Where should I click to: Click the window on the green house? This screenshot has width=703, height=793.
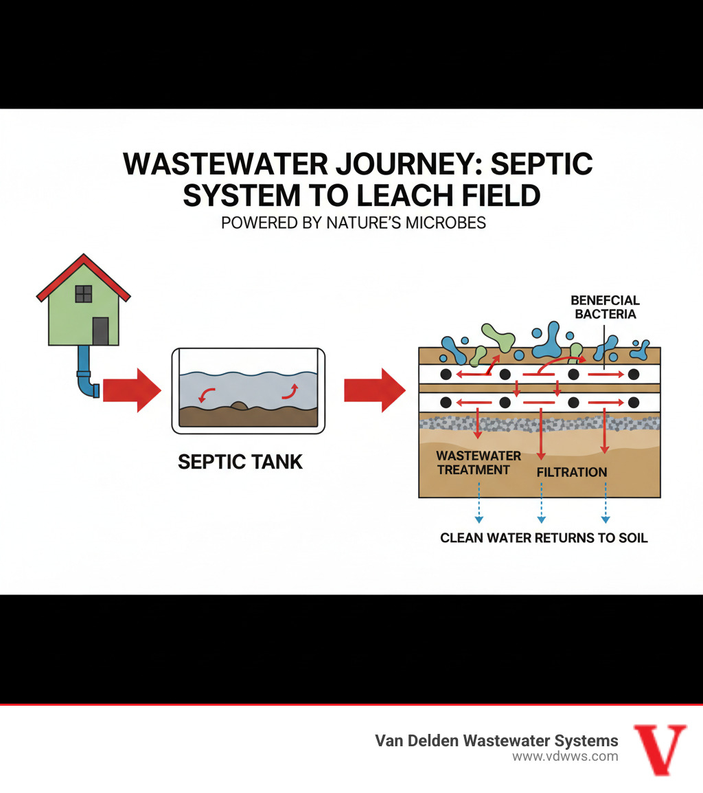83,293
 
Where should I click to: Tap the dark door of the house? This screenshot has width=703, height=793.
100,331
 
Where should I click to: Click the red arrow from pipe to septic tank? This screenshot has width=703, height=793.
131,390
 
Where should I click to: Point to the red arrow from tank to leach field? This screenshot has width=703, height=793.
373,390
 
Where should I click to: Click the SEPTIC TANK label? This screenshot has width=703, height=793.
240,461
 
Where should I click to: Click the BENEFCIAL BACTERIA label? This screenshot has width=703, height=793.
605,307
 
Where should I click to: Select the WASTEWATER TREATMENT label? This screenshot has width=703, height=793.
479,462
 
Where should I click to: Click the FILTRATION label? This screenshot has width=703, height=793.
571,472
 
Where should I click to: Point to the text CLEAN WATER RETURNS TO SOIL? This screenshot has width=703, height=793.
544,537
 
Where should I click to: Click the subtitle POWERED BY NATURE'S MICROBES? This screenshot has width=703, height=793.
354,223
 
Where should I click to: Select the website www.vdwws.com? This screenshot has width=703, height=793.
565,757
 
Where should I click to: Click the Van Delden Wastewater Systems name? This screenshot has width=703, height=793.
496,741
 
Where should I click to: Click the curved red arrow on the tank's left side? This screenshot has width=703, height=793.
205,394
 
